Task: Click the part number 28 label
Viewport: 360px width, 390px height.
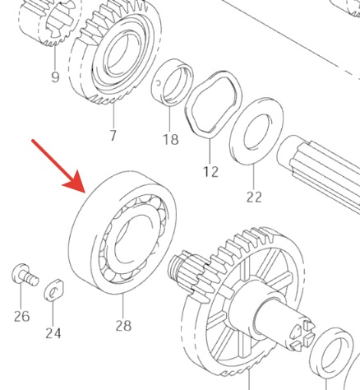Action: tap(122, 326)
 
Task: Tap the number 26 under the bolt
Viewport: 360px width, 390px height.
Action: tap(21, 316)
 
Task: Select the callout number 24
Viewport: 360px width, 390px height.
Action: tap(53, 333)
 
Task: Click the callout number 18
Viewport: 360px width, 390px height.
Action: tap(170, 140)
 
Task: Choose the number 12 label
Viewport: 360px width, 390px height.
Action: tap(210, 172)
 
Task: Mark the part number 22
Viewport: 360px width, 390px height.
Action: tap(254, 197)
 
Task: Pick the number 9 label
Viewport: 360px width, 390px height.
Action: tap(55, 78)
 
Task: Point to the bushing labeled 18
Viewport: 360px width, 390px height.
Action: tap(173, 82)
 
